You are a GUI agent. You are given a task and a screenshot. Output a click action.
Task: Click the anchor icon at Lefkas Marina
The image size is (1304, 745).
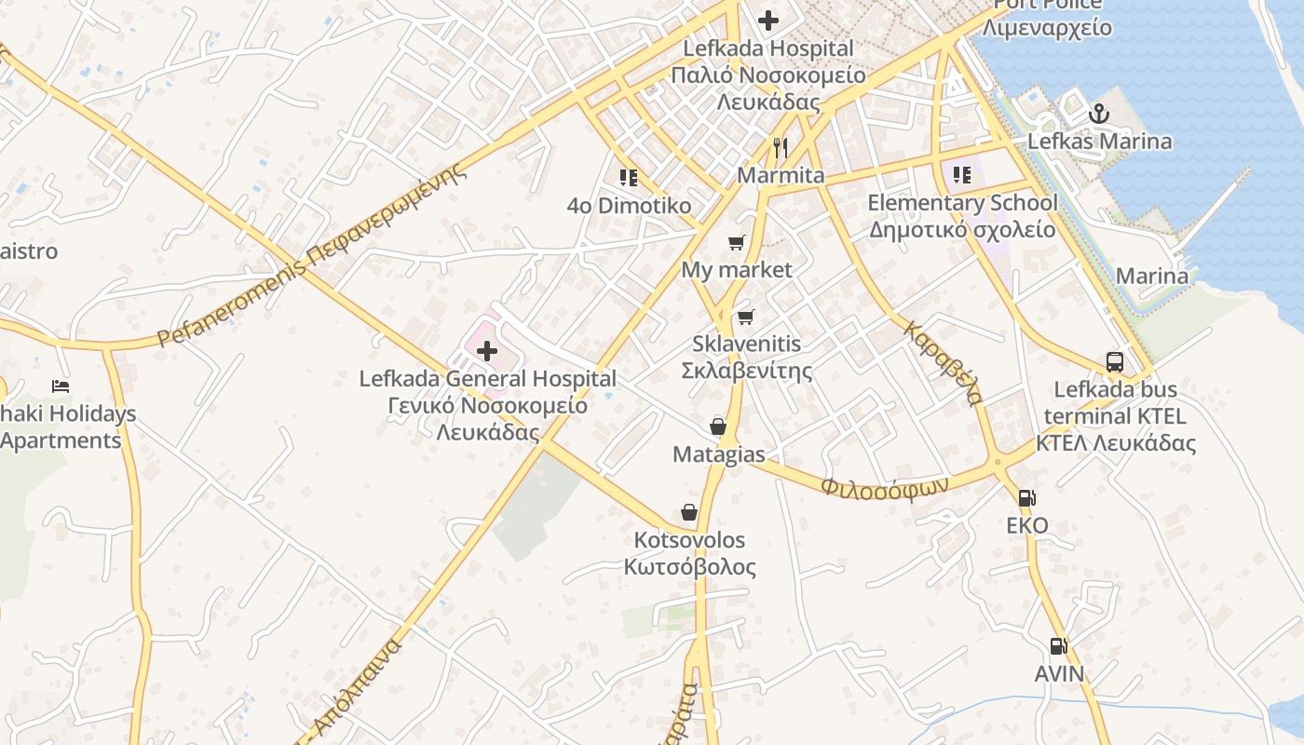1100,114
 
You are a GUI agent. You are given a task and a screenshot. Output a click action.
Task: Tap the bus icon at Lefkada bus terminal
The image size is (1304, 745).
1114,361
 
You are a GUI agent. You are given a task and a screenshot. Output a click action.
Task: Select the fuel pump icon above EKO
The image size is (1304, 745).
1026,498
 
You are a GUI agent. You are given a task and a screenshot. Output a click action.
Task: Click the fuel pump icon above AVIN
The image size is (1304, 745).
1058,645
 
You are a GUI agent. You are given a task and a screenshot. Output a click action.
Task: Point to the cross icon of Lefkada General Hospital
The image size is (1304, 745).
486,351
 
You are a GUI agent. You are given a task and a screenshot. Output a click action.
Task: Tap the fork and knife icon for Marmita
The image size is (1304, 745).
781,147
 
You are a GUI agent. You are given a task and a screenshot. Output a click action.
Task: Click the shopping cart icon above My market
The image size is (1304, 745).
737,242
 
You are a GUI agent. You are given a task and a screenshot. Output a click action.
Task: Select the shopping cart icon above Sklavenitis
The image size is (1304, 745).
745,317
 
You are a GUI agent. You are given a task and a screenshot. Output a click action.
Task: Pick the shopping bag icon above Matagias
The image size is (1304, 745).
718,427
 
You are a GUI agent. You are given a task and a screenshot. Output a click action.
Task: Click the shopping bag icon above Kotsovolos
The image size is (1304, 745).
689,512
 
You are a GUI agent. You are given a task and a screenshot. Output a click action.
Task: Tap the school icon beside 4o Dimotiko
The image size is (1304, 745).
629,177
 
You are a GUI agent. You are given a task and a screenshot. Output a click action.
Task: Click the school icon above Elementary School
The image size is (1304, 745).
962,174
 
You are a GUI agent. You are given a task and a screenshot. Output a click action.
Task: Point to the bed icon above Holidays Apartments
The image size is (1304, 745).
61,386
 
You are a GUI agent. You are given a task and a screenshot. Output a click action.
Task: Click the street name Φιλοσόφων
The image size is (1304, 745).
884,486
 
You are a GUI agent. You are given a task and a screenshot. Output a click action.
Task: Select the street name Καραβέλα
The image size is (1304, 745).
943,363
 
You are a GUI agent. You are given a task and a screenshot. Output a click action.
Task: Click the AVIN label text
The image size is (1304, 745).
1059,673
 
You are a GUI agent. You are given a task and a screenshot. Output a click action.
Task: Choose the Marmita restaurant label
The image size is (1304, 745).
781,175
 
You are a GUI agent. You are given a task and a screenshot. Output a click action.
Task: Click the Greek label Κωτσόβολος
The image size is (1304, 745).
689,567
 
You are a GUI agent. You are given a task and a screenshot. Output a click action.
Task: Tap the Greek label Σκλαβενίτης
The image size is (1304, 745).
747,371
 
